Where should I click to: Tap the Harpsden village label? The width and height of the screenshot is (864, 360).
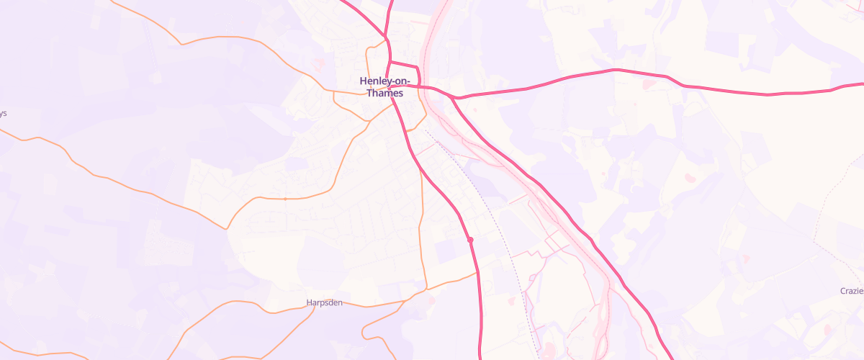click(x=323, y=303)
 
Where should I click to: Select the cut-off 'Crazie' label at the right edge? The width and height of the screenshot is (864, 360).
click(x=851, y=291)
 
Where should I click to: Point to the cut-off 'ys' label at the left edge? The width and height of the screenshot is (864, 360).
click(x=3, y=113)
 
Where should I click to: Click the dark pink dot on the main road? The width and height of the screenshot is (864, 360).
click(x=469, y=240)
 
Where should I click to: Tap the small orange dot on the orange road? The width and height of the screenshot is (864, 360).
click(x=285, y=198)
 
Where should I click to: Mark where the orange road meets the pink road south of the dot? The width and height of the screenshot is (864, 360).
click(x=477, y=271)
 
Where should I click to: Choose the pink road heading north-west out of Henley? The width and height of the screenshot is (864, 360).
click(x=360, y=14)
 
